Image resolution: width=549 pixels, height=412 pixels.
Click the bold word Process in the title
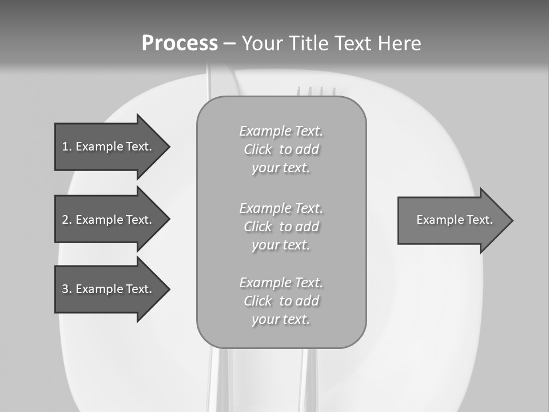pos(180,43)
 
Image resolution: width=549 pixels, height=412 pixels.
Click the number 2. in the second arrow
pos(66,220)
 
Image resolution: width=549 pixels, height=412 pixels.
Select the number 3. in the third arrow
pos(66,289)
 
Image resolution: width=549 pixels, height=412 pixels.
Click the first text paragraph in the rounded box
pos(281,149)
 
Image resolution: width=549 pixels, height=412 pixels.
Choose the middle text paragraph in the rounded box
pos(281,227)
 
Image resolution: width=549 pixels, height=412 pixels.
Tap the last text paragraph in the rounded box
pos(281,301)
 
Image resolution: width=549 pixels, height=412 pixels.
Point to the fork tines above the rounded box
pos(316,91)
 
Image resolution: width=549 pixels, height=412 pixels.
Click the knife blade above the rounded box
pos(220,83)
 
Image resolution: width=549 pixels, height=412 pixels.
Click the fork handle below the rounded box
pos(304,381)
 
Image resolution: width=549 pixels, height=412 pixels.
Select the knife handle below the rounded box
pos(220,381)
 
